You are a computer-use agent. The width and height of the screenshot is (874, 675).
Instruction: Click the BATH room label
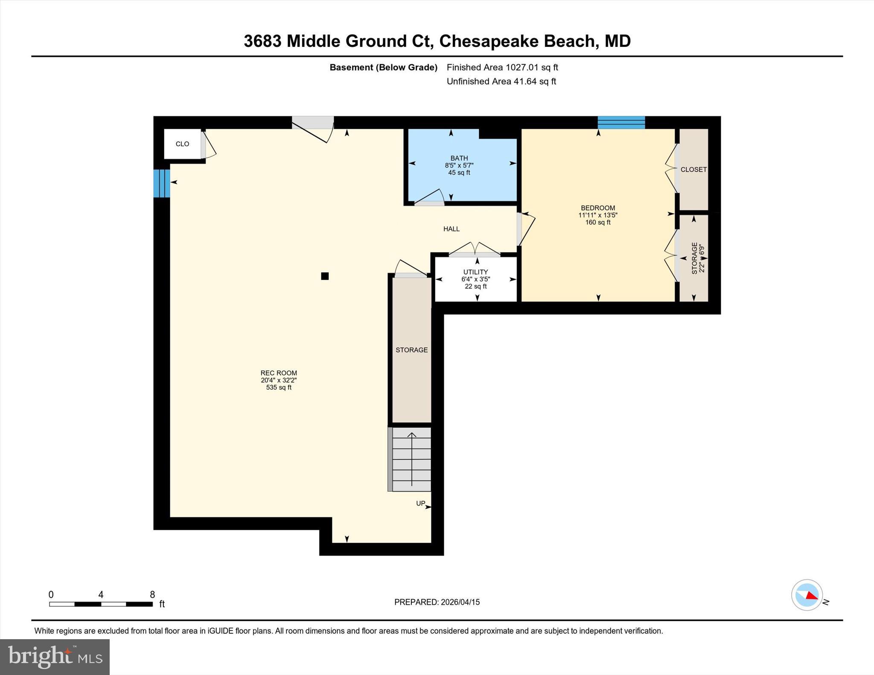pyautogui.click(x=459, y=158)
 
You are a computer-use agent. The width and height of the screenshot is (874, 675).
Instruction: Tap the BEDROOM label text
pyautogui.click(x=597, y=208)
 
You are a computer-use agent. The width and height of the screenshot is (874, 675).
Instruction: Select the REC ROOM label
pyautogui.click(x=279, y=373)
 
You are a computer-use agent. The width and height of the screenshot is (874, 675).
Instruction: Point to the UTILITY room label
pyautogui.click(x=475, y=272)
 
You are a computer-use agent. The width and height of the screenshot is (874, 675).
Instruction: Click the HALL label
pyautogui.click(x=451, y=229)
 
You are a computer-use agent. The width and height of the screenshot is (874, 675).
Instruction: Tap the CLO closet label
pyautogui.click(x=182, y=144)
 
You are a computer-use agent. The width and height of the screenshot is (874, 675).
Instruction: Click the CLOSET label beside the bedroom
pyautogui.click(x=693, y=170)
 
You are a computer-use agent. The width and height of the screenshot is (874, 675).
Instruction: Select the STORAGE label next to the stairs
pyautogui.click(x=411, y=350)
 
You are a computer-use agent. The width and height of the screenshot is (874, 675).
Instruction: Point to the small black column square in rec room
pyautogui.click(x=325, y=276)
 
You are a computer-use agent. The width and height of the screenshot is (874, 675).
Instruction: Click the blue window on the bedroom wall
pyautogui.click(x=621, y=122)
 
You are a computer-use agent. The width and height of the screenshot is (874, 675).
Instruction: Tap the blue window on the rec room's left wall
pyautogui.click(x=162, y=183)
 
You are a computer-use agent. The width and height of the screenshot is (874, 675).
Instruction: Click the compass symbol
pyautogui.click(x=807, y=595)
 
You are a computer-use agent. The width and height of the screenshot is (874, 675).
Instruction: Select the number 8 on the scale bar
pyautogui.click(x=152, y=594)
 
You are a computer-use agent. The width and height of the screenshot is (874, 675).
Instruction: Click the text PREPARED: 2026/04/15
pyautogui.click(x=437, y=602)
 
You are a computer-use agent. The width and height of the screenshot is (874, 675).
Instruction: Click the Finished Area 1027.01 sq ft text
pyautogui.click(x=502, y=67)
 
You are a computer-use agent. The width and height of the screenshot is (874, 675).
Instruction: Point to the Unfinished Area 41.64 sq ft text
pyautogui.click(x=501, y=81)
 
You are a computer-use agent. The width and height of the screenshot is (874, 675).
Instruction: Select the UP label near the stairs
pyautogui.click(x=420, y=504)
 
